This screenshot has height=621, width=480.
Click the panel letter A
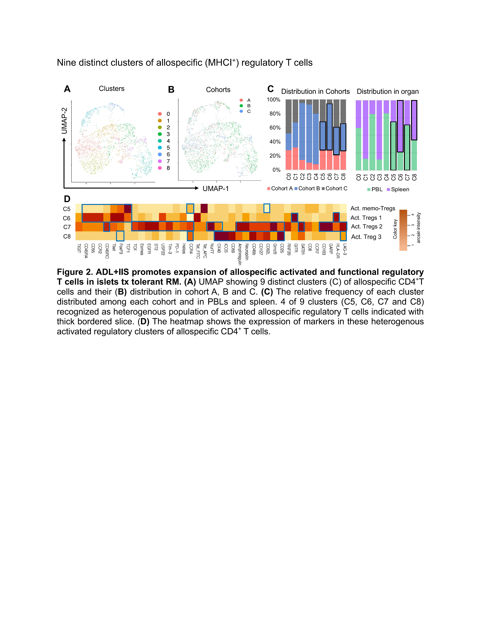point(67,89)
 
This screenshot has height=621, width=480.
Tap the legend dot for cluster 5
point(160,148)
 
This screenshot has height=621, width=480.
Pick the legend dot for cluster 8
point(160,168)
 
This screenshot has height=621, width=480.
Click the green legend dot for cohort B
point(241,106)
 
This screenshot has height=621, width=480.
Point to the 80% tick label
point(275,114)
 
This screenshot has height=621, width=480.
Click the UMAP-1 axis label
point(216,189)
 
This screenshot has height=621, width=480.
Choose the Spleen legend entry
point(398,189)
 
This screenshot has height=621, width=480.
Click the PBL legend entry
point(375,189)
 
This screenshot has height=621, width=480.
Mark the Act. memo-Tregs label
point(373,208)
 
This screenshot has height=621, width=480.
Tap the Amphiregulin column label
point(240,254)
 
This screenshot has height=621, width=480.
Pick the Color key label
point(395,229)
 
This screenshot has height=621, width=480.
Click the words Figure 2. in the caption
point(75,272)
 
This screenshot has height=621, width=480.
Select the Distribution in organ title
point(388,92)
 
